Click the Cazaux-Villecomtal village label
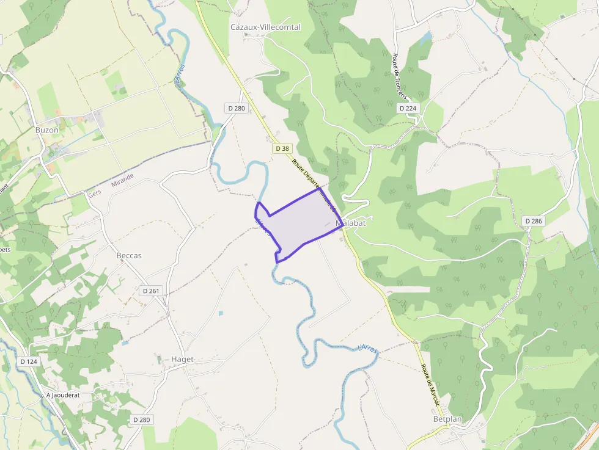click(x=265, y=27)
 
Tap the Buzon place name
click(x=47, y=130)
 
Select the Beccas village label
click(x=129, y=255)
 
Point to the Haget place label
click(x=182, y=360)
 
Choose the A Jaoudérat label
click(x=63, y=395)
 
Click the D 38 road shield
click(x=282, y=148)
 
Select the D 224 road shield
click(x=408, y=108)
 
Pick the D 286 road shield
click(x=533, y=221)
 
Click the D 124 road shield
click(x=29, y=361)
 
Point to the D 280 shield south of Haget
click(x=141, y=419)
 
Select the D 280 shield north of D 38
click(x=236, y=108)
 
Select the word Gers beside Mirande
click(x=95, y=192)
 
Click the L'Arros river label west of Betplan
click(x=367, y=349)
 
